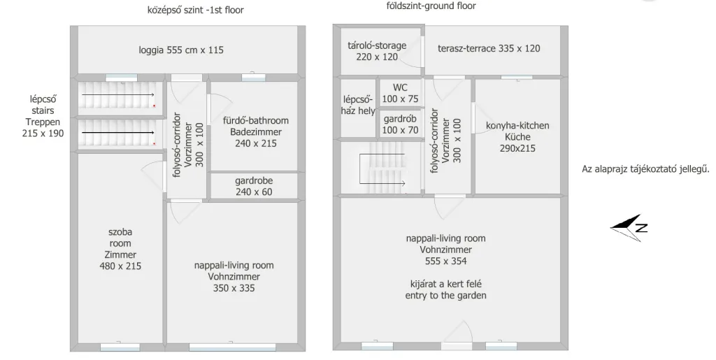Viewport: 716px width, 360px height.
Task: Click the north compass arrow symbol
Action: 629,227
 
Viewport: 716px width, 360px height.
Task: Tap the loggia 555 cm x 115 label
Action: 181,50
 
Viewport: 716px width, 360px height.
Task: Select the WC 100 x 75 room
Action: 401,93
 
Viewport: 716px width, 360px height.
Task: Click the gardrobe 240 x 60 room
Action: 254,186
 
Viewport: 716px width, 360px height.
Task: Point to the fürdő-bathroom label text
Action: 256,120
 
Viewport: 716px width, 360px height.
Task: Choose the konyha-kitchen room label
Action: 517,125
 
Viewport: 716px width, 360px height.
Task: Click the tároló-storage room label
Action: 377,45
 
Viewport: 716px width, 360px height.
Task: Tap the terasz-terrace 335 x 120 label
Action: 489,48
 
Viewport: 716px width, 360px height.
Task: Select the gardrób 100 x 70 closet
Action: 401,124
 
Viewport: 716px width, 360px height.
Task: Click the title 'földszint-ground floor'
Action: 431,6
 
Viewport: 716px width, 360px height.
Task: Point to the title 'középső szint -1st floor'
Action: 196,10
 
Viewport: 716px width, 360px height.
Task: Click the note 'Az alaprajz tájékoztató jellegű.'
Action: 645,169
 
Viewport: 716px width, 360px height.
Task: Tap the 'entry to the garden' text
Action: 445,295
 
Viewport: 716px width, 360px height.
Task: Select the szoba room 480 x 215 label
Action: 120,249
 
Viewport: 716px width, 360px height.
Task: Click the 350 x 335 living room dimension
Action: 234,288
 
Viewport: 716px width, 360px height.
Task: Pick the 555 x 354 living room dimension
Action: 445,261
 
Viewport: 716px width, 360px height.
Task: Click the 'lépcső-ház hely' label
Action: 359,105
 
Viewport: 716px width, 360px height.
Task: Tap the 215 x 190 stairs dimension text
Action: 43,134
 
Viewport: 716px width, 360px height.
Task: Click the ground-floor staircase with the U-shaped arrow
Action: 382,168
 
